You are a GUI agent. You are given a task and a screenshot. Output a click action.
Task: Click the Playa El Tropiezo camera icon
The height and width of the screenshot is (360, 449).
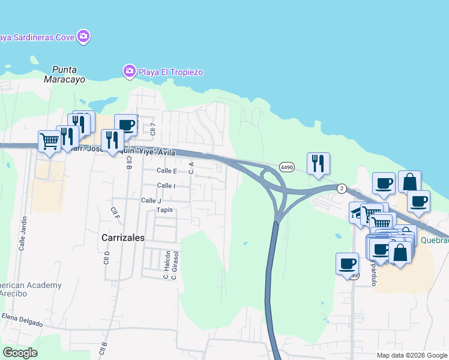(x=130, y=72)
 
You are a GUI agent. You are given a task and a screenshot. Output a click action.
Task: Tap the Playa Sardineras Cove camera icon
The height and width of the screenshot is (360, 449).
(x=83, y=37)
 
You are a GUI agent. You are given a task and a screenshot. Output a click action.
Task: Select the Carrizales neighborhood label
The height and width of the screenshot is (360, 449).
(x=123, y=238)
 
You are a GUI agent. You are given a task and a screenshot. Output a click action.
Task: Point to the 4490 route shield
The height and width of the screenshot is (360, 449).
(x=287, y=166)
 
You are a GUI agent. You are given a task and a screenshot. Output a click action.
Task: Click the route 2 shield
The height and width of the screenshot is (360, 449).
(x=342, y=188)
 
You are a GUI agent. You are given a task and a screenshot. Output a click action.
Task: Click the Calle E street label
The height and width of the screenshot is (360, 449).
(x=166, y=171)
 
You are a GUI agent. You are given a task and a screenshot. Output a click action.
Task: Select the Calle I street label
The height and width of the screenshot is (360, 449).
(x=166, y=186)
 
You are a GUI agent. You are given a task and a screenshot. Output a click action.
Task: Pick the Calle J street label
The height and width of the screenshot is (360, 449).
(x=151, y=200)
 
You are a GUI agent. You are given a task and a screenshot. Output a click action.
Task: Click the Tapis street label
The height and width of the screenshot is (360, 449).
(x=164, y=210)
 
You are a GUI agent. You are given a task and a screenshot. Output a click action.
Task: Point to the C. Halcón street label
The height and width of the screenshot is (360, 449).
(x=166, y=264)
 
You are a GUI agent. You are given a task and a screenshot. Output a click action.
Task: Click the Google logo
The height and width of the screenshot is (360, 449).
(x=20, y=353)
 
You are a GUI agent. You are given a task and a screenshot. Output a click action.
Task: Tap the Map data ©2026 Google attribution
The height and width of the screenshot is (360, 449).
(x=412, y=355)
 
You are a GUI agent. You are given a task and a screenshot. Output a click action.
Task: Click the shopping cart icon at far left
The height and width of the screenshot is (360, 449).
(x=49, y=142)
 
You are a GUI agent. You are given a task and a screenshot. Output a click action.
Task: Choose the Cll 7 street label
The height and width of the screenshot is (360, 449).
(x=153, y=128)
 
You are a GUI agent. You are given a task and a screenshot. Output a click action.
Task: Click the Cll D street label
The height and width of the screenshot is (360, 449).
(x=107, y=257)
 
